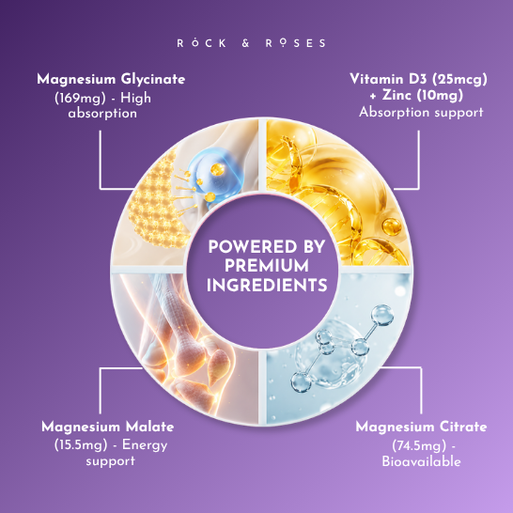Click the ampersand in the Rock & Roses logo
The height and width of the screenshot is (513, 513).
click(x=246, y=43)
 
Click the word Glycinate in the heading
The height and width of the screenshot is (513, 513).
click(x=153, y=80)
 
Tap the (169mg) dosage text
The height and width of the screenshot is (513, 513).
click(x=80, y=99)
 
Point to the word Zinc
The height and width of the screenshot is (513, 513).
click(x=396, y=95)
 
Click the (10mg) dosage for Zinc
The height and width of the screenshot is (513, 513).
click(x=440, y=96)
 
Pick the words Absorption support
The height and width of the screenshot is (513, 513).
click(x=421, y=113)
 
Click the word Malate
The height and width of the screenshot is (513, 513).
click(x=149, y=427)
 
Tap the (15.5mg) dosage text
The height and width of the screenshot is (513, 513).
click(x=81, y=445)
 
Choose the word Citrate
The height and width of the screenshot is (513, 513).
click(x=463, y=427)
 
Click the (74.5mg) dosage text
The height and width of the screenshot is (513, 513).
click(x=419, y=446)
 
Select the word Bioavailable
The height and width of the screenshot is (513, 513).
click(x=421, y=461)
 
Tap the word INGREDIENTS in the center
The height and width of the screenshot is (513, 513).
click(x=267, y=285)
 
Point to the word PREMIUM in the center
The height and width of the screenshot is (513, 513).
click(x=267, y=266)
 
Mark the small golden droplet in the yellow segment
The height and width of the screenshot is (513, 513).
click(x=392, y=226)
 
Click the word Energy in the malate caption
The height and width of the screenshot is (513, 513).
click(x=145, y=445)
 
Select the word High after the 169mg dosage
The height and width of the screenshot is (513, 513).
click(x=136, y=99)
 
